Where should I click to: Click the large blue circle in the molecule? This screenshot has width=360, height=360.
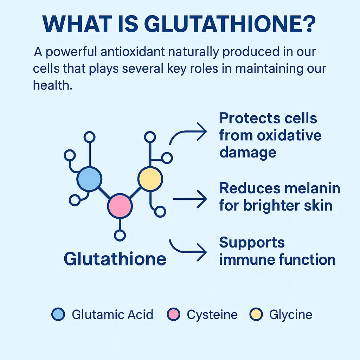(x=90, y=179)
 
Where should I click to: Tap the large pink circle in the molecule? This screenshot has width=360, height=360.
(x=120, y=205)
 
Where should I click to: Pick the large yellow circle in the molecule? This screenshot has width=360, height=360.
(x=150, y=179)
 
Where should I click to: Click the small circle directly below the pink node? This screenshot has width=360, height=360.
(x=120, y=235)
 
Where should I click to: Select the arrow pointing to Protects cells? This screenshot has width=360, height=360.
(x=188, y=134)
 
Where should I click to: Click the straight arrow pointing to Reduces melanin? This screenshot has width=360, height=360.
(x=190, y=199)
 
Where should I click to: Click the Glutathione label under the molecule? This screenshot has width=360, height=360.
(x=115, y=259)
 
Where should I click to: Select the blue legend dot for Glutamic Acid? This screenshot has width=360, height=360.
(x=58, y=314)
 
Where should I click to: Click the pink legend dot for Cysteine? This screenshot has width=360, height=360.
(x=173, y=314)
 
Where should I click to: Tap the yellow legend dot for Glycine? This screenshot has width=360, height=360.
(x=256, y=314)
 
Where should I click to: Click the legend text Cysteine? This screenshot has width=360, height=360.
(x=212, y=314)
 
